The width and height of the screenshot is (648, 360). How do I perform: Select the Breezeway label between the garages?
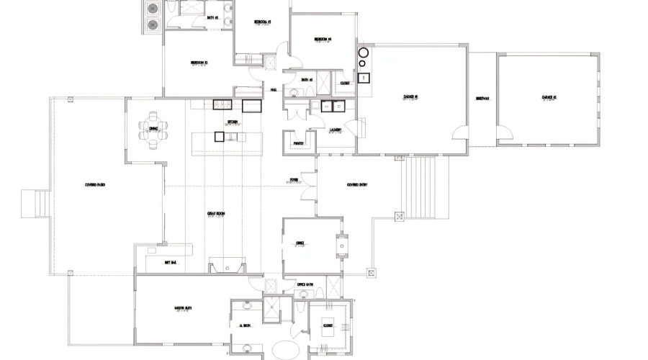pos(482,99)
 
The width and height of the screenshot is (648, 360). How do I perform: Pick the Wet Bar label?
pos(171,263)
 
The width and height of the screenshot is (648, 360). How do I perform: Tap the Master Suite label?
pos(184,310)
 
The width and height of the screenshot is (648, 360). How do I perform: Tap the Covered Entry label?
pos(358,185)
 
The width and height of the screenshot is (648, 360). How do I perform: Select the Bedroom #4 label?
pos(323,39)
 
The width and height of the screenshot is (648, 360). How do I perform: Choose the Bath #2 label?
pos(212,17)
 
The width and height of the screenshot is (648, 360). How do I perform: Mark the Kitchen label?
pos(233,122)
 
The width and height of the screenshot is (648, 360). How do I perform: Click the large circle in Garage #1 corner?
pos(364,53)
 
